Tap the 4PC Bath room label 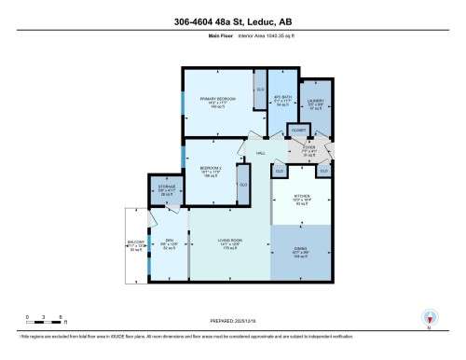point(279,99)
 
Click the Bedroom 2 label point(211,170)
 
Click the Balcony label point(136,244)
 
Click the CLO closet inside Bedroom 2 point(243,184)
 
